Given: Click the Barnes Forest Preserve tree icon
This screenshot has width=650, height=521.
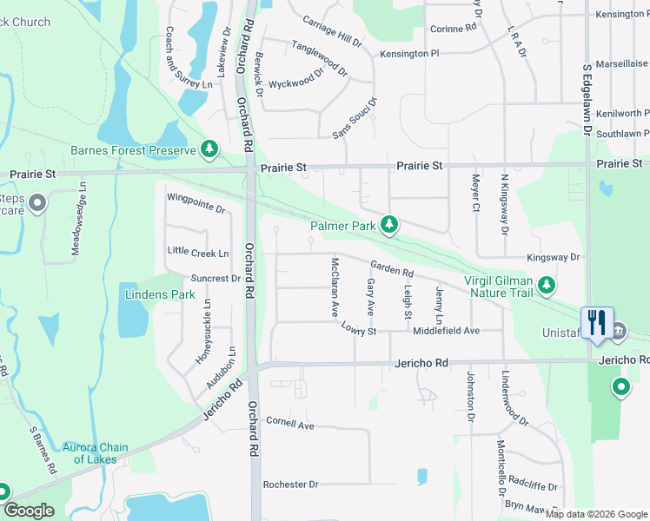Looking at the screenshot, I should click(209, 150).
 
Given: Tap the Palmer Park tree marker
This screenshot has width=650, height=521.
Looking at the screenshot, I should click(390, 226).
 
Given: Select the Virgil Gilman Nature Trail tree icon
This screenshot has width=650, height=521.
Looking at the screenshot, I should click(546, 285).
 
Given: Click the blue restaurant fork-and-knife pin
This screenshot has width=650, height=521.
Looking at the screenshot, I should click(596, 322).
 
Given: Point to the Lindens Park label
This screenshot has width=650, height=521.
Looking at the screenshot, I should click(160, 294).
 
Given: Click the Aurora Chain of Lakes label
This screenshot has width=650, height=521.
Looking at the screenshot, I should click(95, 453).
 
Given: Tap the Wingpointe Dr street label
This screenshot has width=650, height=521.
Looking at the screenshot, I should click(196, 209).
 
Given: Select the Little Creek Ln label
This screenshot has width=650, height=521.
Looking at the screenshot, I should click(198, 253).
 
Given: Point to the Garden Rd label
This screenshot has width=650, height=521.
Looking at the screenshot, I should click(391, 270).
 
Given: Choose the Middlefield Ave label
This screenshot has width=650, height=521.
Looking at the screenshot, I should click(446, 331).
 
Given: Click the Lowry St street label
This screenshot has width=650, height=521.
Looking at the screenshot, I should click(358, 331).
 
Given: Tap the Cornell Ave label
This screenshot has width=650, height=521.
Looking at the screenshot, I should click(289, 425).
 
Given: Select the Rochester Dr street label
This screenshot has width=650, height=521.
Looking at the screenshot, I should click(290, 484).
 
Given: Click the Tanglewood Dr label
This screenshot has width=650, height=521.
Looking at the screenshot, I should click(319, 58).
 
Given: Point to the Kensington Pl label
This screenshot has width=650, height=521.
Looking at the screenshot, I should click(409, 54).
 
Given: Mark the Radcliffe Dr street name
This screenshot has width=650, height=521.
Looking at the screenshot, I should click(533, 486).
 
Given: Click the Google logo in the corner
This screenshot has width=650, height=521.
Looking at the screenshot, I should click(29, 511).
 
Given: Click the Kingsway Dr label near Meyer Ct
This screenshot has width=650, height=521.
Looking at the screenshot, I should click(553, 258).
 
